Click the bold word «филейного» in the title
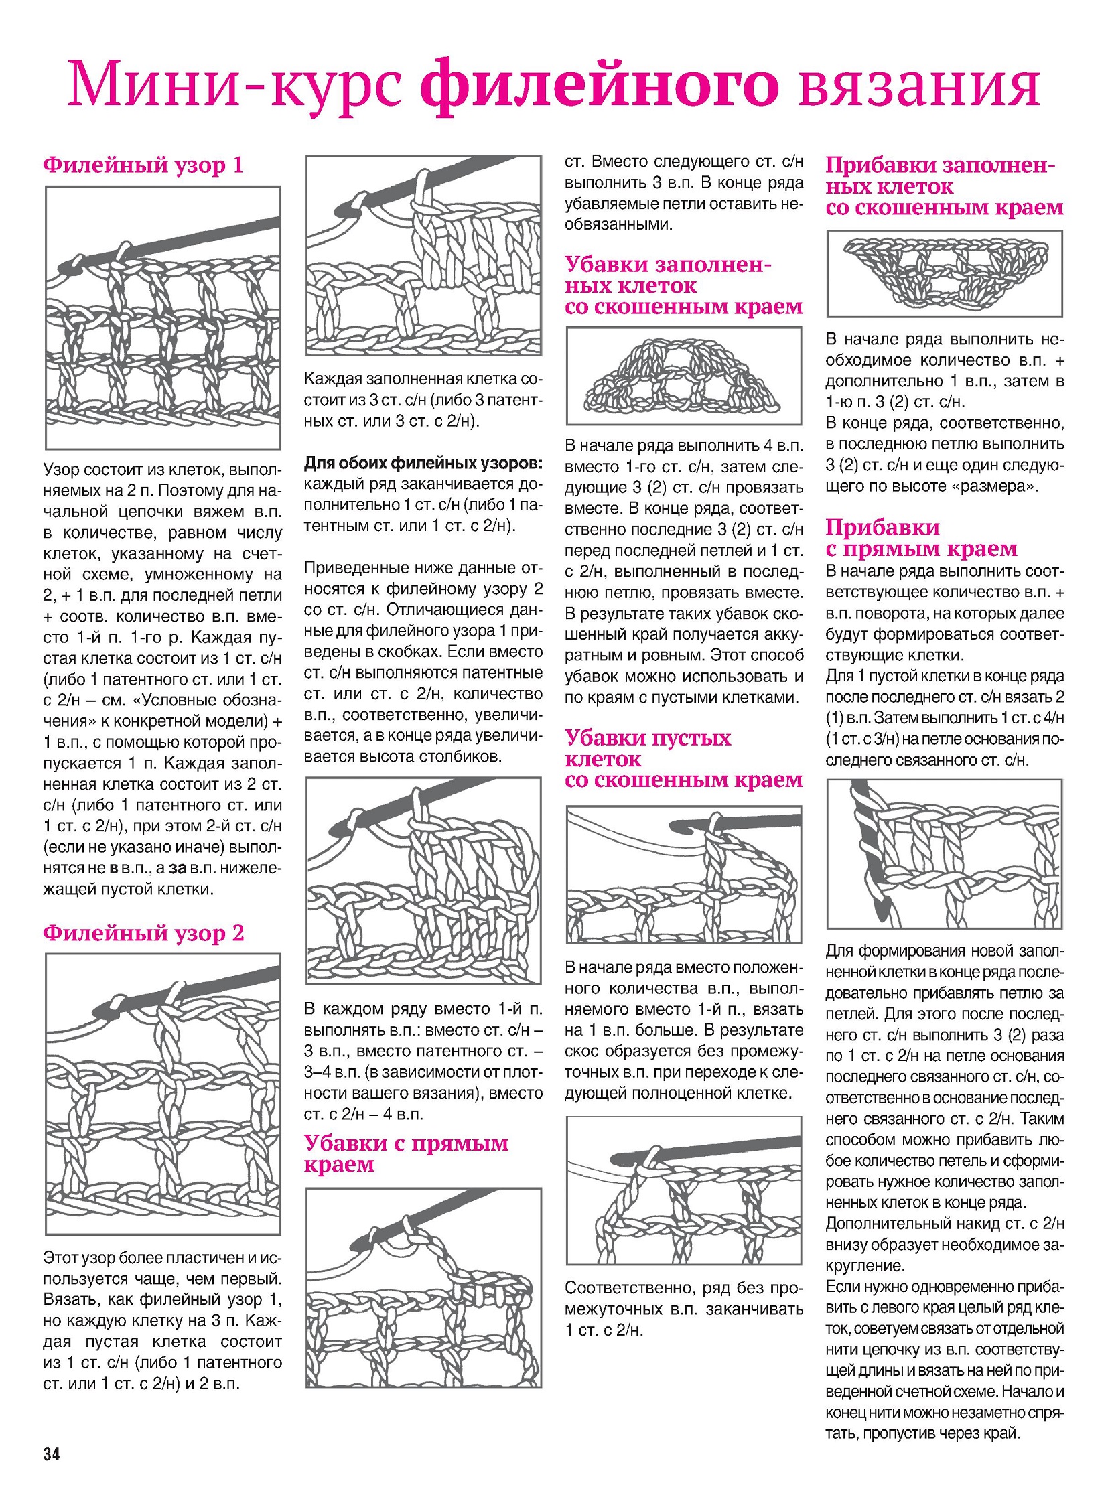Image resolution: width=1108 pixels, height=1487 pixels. pyautogui.click(x=600, y=85)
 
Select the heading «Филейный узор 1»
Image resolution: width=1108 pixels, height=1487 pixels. pyautogui.click(x=143, y=165)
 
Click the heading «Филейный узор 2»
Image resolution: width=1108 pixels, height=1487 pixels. pyautogui.click(x=143, y=933)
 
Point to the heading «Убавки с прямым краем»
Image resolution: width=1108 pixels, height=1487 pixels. pyautogui.click(x=406, y=1153)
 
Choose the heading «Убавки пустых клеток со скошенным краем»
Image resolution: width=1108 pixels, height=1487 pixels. pyautogui.click(x=683, y=759)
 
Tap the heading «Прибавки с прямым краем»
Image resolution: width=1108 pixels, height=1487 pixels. pyautogui.click(x=921, y=538)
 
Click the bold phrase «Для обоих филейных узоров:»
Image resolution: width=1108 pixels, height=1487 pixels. pyautogui.click(x=423, y=463)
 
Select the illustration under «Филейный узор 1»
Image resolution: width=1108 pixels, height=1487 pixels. pyautogui.click(x=163, y=317)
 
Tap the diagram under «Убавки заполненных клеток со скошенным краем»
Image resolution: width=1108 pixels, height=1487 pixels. pyautogui.click(x=683, y=376)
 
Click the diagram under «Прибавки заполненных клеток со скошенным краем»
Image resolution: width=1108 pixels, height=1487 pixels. pyautogui.click(x=945, y=274)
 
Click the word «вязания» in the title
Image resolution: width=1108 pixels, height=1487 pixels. pyautogui.click(x=919, y=85)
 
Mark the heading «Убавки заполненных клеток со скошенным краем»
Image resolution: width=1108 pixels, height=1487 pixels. pyautogui.click(x=683, y=286)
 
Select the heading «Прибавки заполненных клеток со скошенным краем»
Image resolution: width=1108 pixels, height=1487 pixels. pyautogui.click(x=944, y=186)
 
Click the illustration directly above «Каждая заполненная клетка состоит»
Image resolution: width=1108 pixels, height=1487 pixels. pyautogui.click(x=423, y=256)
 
